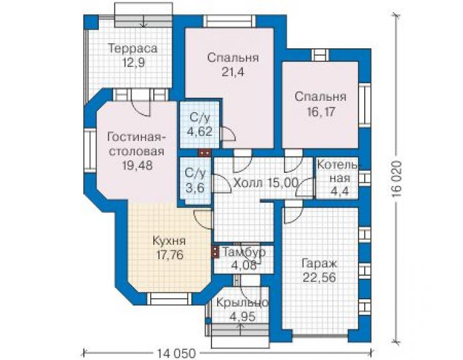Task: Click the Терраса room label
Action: point(133,48)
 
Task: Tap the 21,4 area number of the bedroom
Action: point(233,72)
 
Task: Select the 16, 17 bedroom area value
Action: point(320,112)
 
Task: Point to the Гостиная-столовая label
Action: point(137,144)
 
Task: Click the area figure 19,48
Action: point(138,165)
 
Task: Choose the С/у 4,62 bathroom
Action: point(200,125)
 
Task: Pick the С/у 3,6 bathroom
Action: point(195,180)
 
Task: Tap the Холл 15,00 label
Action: point(266,183)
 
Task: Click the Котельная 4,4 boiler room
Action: point(337,178)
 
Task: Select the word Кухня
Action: point(169,241)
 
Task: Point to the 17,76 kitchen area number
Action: point(170,255)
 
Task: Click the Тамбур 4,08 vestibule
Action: point(243,259)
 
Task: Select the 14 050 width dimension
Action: point(176,354)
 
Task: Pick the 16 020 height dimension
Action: point(397,179)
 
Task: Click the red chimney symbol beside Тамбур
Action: point(215,252)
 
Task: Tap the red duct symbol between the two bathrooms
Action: point(205,153)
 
